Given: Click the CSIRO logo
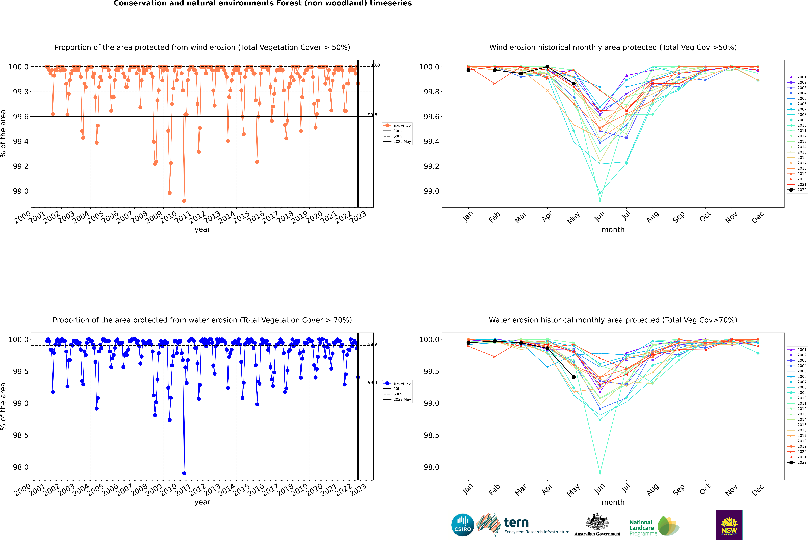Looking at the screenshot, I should pyautogui.click(x=463, y=525).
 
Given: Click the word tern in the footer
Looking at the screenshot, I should pyautogui.click(x=516, y=523).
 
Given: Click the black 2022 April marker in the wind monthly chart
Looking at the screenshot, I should pyautogui.click(x=547, y=67).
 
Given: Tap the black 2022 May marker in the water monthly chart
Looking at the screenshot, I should pyautogui.click(x=573, y=377).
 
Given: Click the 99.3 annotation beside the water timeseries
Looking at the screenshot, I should pyautogui.click(x=372, y=383).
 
